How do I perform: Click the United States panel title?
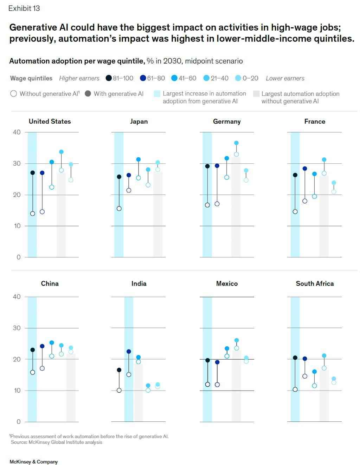tap(50, 122)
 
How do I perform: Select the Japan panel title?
tap(139, 122)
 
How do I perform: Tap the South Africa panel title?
tap(315, 283)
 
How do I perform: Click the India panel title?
tap(139, 283)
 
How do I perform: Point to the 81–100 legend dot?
tap(109, 78)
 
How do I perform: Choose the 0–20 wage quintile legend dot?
tap(238, 78)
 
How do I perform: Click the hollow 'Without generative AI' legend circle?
tap(14, 94)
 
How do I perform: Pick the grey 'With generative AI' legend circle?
tap(88, 94)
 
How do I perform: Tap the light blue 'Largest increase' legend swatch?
tap(157, 94)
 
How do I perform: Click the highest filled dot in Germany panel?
tap(236, 143)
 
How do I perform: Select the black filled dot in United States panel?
tap(33, 173)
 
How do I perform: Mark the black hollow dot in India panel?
tap(119, 390)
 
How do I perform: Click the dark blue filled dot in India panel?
tap(129, 351)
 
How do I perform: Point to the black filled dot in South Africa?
tap(295, 358)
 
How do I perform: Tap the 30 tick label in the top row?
tap(17, 163)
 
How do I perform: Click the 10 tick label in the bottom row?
tap(17, 391)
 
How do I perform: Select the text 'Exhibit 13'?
tap(24, 8)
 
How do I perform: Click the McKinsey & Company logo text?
tap(34, 462)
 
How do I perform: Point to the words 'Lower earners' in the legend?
tap(285, 78)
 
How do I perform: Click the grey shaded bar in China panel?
tap(71, 388)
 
